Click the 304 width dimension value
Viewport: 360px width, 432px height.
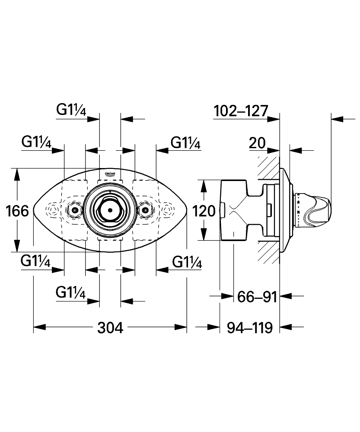(x=110, y=327)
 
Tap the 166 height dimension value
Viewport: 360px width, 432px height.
(x=17, y=211)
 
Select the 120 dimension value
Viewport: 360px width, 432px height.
(x=204, y=211)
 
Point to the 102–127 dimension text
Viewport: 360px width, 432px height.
(x=241, y=111)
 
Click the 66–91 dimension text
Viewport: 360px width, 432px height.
(x=257, y=297)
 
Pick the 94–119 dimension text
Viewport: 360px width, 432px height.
(x=250, y=327)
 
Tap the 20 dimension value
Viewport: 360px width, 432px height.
(x=257, y=143)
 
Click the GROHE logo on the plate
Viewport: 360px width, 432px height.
(x=110, y=174)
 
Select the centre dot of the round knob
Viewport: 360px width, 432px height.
(x=110, y=210)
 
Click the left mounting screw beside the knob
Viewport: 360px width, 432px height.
(x=74, y=210)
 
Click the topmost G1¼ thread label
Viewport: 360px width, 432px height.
(x=71, y=110)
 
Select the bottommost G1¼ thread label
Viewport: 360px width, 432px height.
(x=70, y=292)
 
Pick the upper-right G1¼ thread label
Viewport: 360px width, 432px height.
(x=185, y=143)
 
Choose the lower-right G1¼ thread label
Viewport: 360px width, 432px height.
(x=187, y=262)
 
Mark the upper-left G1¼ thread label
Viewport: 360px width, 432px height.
(x=36, y=142)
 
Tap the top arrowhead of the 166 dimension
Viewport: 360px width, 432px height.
(x=17, y=175)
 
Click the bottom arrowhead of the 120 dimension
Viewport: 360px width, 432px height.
(x=204, y=234)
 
